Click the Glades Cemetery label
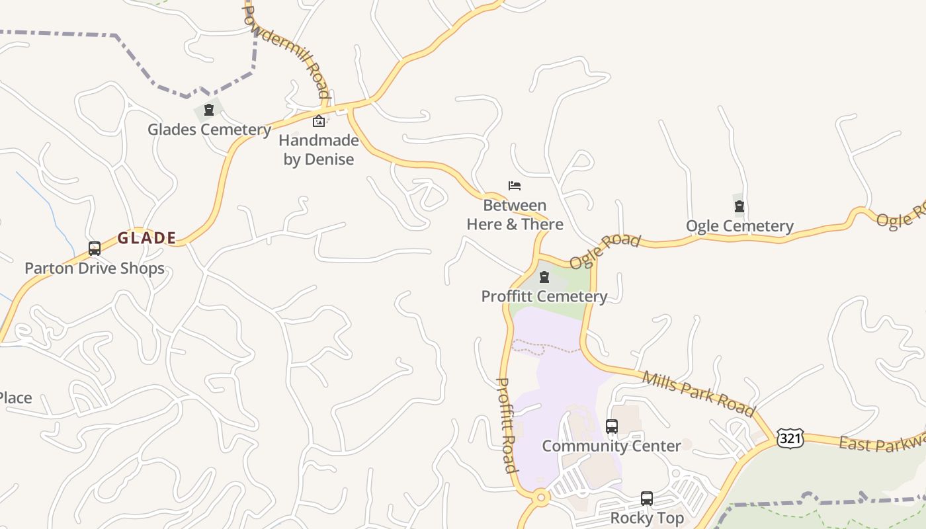(x=209, y=129)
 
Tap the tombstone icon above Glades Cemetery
(x=209, y=110)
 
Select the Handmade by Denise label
(x=319, y=149)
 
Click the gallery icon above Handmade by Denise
(x=318, y=121)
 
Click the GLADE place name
(x=147, y=238)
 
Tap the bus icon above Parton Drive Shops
(x=95, y=249)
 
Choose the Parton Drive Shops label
(x=95, y=268)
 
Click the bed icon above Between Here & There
(x=515, y=186)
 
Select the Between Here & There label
(x=515, y=215)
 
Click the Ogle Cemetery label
(x=739, y=226)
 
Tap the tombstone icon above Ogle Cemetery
(x=739, y=207)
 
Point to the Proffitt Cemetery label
(x=544, y=296)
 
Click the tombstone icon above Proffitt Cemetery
(x=544, y=277)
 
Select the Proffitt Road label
(x=506, y=425)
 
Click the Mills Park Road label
(x=698, y=394)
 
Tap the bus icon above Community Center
(x=612, y=427)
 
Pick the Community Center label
(x=612, y=446)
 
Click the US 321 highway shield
(x=790, y=438)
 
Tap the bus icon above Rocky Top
(x=647, y=499)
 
